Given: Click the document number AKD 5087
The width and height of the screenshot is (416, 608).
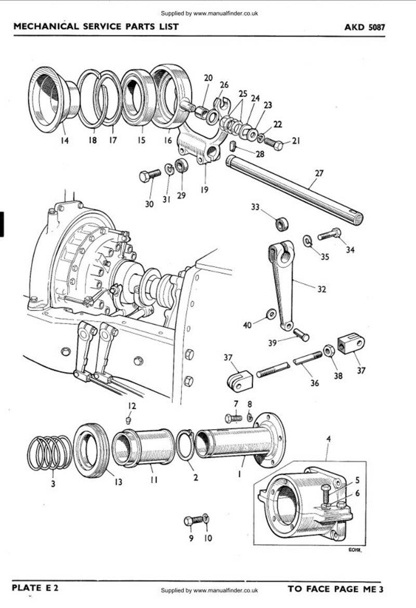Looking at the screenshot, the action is [x=365, y=27].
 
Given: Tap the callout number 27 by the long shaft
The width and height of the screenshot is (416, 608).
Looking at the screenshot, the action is [x=319, y=173].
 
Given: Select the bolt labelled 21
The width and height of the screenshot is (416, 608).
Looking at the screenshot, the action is [x=274, y=144].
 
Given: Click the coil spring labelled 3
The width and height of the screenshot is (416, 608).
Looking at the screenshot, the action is [x=49, y=453].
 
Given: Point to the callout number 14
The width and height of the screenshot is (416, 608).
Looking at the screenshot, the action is [x=64, y=140].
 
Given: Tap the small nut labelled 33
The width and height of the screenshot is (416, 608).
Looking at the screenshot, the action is [x=281, y=224].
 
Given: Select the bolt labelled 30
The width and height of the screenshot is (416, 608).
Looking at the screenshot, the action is [x=150, y=176].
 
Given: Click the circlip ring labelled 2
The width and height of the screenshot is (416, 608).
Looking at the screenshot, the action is [x=185, y=444].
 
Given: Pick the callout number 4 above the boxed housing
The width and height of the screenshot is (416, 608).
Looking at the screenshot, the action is [x=329, y=438].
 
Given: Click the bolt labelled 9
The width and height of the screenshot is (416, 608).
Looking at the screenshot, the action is [x=193, y=521].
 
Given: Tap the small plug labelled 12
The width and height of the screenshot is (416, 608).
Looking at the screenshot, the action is [x=128, y=420].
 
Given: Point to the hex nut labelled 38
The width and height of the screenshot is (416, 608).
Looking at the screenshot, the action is [x=329, y=351].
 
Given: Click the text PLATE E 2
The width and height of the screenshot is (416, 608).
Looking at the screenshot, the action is [x=35, y=587].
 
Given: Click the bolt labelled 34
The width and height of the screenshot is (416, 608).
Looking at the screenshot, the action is [x=329, y=234].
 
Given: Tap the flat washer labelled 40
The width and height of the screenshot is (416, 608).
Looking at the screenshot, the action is [x=271, y=314].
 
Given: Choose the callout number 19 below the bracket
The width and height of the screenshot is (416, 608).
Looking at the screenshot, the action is [x=204, y=189].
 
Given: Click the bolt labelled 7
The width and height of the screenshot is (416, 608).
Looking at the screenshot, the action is [x=233, y=418].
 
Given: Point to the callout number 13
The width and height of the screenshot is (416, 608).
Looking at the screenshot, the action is [x=118, y=482].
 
